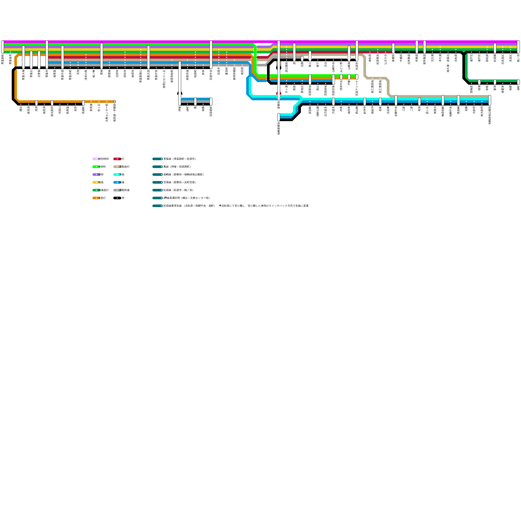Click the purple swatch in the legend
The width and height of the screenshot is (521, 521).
(x=95, y=175)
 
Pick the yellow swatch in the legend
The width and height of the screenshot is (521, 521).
(x=95, y=182)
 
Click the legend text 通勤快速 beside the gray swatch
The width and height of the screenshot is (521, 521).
(x=124, y=190)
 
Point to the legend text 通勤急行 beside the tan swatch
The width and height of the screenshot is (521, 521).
(x=124, y=167)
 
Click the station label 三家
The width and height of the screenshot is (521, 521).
(x=404, y=109)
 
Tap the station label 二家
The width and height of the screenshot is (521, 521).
(x=412, y=109)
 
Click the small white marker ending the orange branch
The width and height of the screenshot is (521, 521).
(x=115, y=102)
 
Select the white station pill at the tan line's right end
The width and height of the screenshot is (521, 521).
(x=490, y=100)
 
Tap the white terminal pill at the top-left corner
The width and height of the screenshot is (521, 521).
(x=3, y=47)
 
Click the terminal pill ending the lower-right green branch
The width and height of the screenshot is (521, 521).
(x=518, y=82)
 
